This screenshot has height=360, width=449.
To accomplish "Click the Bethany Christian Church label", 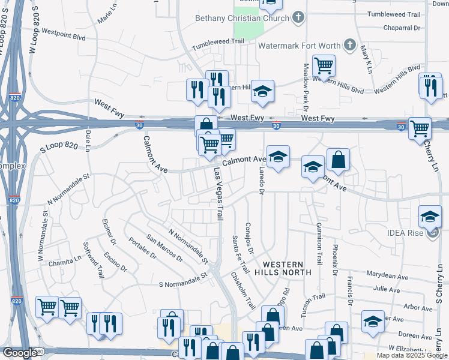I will click(242, 18).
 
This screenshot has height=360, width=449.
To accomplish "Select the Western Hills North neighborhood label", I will click(283, 268).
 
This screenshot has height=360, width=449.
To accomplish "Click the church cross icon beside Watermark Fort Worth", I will click(351, 45).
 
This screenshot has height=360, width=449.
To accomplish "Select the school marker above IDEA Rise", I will click(430, 215).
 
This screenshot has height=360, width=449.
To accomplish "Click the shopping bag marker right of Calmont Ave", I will click(339, 158).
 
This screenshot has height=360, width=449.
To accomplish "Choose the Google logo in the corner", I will click(20, 353).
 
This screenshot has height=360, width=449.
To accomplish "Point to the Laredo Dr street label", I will click(261, 181).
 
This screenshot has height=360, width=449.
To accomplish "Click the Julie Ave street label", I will click(387, 290).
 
